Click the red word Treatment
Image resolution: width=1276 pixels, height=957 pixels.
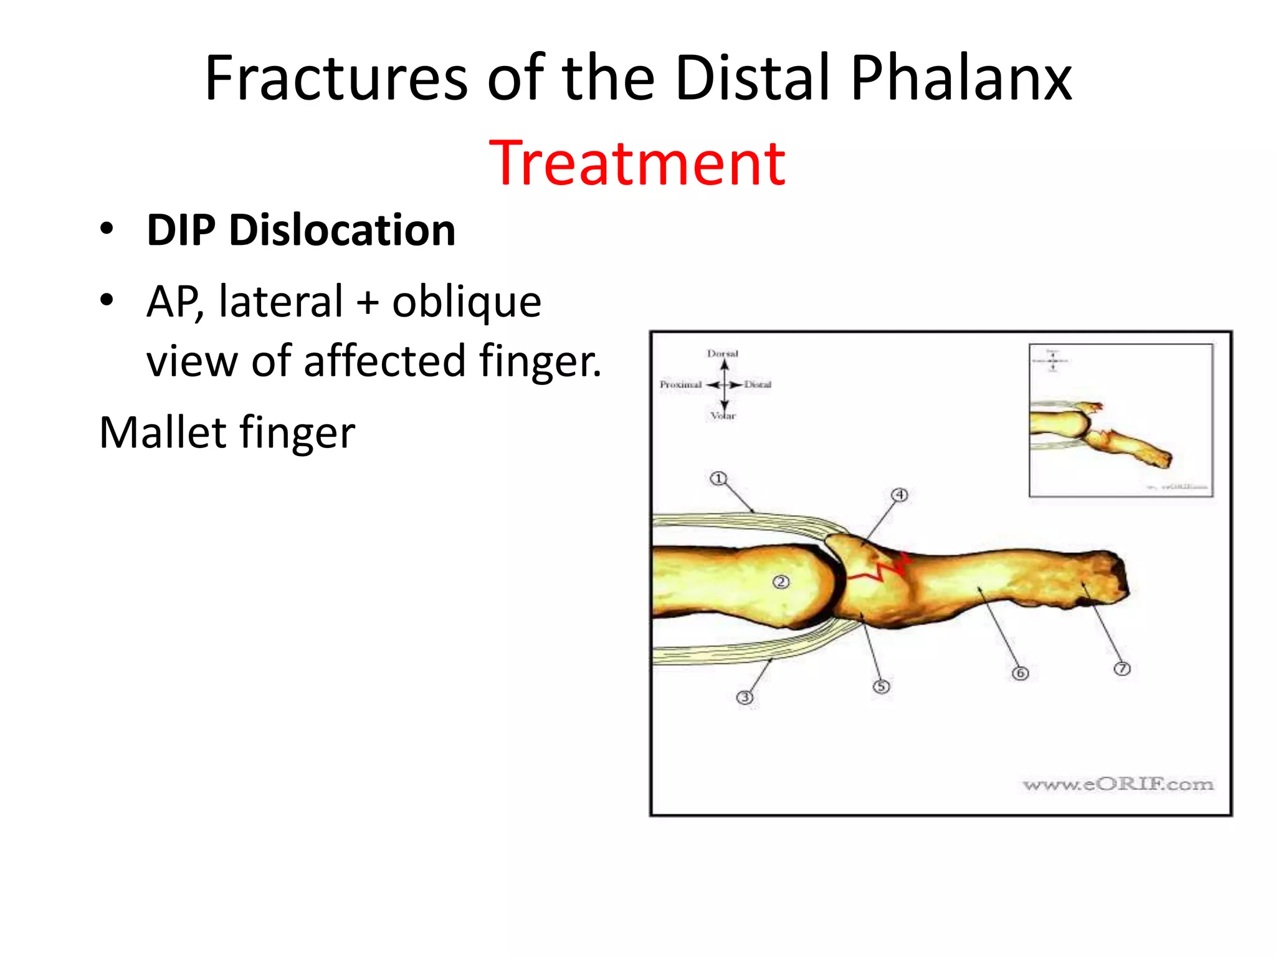[637, 163]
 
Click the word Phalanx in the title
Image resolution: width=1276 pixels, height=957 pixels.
[961, 79]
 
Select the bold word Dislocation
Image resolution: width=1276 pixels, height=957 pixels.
[342, 231]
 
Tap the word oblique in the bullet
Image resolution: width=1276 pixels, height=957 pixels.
[467, 302]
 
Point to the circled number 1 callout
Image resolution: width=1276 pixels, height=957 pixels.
[718, 478]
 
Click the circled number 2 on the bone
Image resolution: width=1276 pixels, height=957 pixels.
[781, 582]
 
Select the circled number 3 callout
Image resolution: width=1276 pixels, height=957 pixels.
[745, 697]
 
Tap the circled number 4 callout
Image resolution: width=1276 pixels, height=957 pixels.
[899, 495]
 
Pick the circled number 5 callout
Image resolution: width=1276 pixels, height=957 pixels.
[881, 687]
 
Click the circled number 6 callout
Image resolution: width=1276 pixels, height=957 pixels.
[1020, 673]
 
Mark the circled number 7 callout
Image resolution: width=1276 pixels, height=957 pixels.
[1121, 669]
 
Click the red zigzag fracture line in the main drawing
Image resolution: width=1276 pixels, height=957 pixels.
[879, 569]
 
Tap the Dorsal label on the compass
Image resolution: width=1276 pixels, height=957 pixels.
[723, 353]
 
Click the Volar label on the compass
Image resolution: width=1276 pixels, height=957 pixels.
[723, 416]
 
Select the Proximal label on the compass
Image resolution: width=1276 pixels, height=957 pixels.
[680, 384]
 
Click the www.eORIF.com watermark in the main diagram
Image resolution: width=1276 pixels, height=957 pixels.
[1118, 784]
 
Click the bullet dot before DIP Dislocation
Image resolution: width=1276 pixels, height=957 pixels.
[107, 229]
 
